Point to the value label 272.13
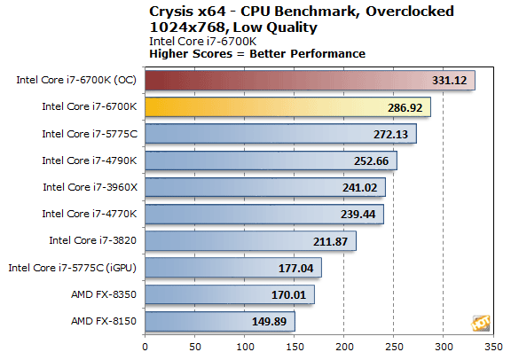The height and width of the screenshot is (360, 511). (x=395, y=134)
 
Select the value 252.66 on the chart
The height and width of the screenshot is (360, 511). (x=375, y=160)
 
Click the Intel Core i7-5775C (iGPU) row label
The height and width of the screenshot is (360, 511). (x=72, y=267)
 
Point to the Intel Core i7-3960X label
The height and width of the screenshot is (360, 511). (x=90, y=187)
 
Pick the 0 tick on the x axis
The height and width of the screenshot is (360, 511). (x=145, y=346)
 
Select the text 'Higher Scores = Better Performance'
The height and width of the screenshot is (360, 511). (x=257, y=54)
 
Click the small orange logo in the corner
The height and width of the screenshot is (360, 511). (x=481, y=322)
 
